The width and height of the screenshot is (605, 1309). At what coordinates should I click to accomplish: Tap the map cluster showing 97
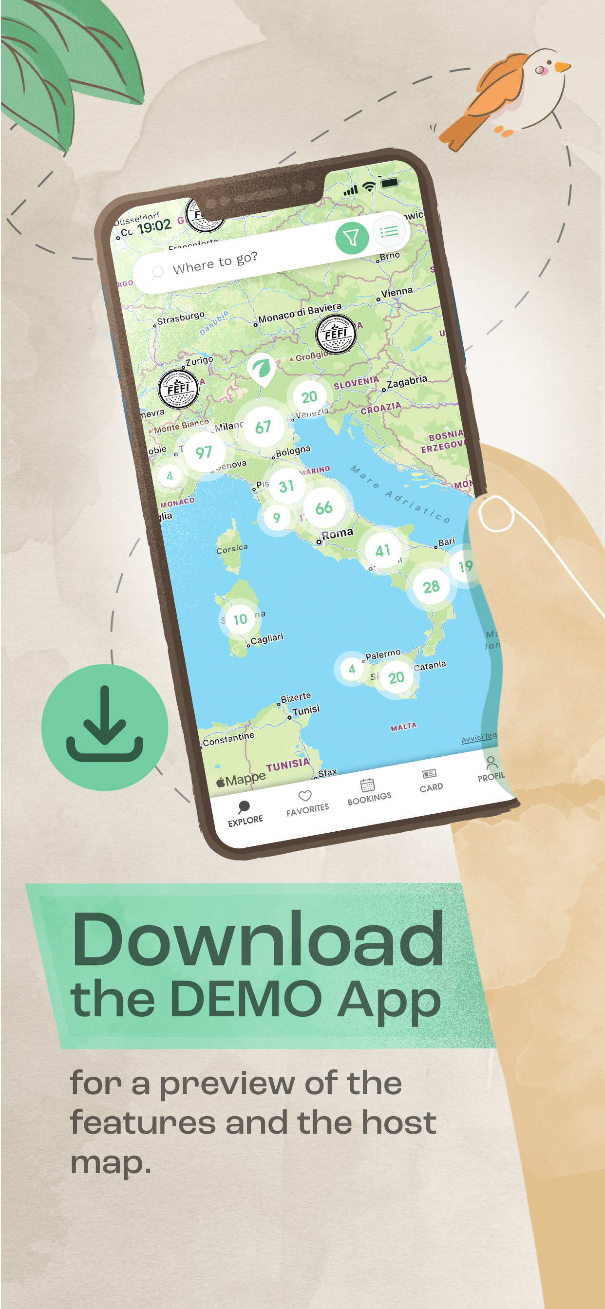coord(203,452)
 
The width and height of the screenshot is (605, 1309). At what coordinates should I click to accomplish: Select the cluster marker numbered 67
coord(263,427)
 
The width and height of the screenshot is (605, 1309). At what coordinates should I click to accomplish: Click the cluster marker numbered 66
coord(324,507)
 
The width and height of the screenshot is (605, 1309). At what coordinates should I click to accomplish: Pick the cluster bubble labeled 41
coord(382,550)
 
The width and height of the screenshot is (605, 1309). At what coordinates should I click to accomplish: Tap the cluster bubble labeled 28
coord(431,587)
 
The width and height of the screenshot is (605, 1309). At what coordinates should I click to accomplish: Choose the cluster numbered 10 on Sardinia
coord(240,619)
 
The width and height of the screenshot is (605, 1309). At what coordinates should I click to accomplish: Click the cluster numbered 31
coord(287,486)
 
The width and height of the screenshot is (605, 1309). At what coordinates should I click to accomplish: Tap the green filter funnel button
coord(352,238)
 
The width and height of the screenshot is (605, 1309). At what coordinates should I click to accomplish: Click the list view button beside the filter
coord(389,232)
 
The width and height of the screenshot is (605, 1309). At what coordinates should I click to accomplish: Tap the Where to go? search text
coord(214,262)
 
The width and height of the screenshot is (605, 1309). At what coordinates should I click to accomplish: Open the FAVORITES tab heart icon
coord(305,795)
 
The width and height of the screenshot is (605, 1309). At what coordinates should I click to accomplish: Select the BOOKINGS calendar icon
coord(367,785)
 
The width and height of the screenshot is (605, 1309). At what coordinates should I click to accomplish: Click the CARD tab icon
coord(429,774)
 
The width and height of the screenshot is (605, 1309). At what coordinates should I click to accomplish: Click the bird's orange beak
coord(562,67)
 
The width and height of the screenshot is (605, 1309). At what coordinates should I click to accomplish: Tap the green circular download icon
coord(105,727)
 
